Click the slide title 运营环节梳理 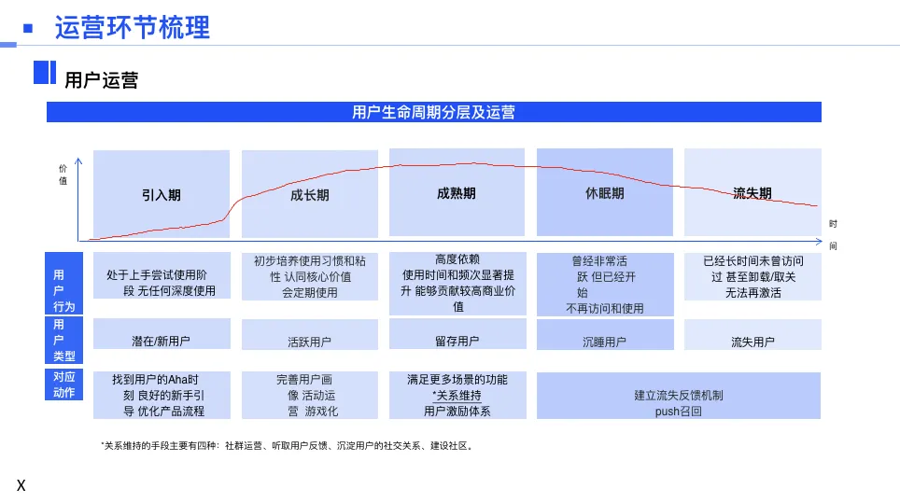[x=133, y=28]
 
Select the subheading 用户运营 [x=101, y=80]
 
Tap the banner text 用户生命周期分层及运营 [x=433, y=113]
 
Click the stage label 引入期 [x=162, y=195]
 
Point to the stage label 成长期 [x=310, y=195]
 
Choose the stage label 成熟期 [x=457, y=193]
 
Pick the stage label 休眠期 [x=604, y=193]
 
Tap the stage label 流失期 [x=752, y=193]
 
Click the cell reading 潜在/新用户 [x=162, y=342]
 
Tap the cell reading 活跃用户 [x=309, y=342]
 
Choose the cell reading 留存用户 [x=457, y=342]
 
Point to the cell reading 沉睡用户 [x=604, y=342]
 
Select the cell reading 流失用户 [x=752, y=342]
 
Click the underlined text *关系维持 [x=457, y=396]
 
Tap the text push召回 [x=678, y=411]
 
